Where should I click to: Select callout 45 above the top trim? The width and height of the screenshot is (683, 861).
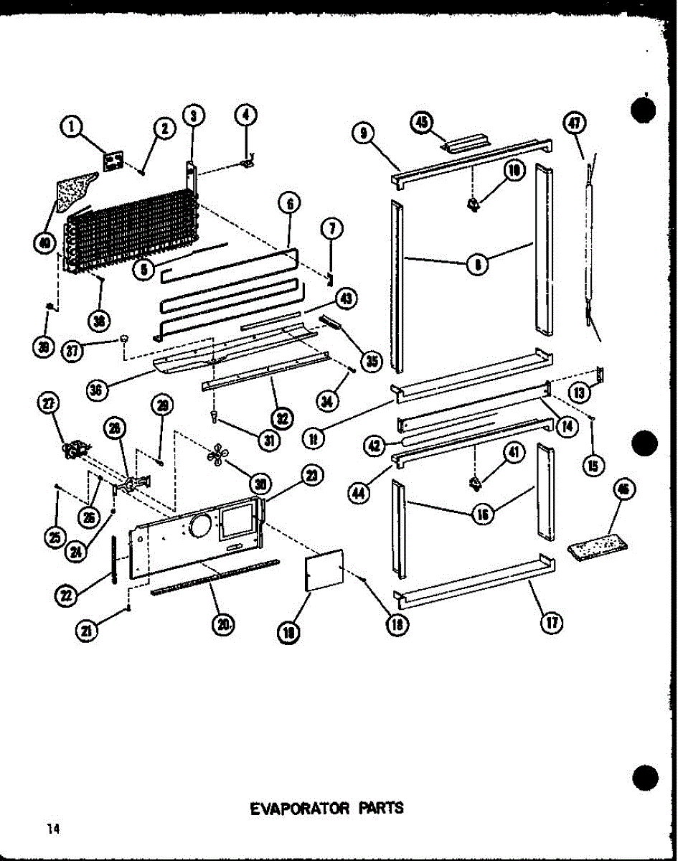(423, 123)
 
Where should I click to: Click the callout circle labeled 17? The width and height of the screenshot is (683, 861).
(551, 621)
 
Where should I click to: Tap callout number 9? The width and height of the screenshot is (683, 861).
(362, 133)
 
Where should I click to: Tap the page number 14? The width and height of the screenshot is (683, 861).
(52, 829)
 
